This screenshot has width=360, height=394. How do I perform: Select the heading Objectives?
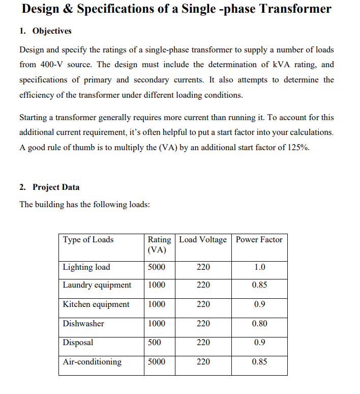(52, 31)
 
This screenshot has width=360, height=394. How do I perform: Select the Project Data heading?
(56, 187)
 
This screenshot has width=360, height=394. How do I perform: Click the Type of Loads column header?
(88, 240)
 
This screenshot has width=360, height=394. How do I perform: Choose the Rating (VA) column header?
(159, 245)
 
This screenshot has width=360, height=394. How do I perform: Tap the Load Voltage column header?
(203, 240)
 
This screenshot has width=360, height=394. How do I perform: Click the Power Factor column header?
(259, 240)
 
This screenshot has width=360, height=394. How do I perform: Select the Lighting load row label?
(86, 267)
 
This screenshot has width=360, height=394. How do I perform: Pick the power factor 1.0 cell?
(259, 267)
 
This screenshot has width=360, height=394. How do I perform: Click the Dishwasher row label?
(83, 324)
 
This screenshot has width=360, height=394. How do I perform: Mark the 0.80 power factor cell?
(259, 324)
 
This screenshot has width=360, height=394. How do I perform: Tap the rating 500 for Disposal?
(154, 343)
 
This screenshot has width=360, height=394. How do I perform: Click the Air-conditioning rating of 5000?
(156, 362)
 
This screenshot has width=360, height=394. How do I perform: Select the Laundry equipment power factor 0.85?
(259, 285)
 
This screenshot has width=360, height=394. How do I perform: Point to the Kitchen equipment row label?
(96, 304)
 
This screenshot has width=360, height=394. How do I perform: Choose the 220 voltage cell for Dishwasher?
(203, 324)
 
